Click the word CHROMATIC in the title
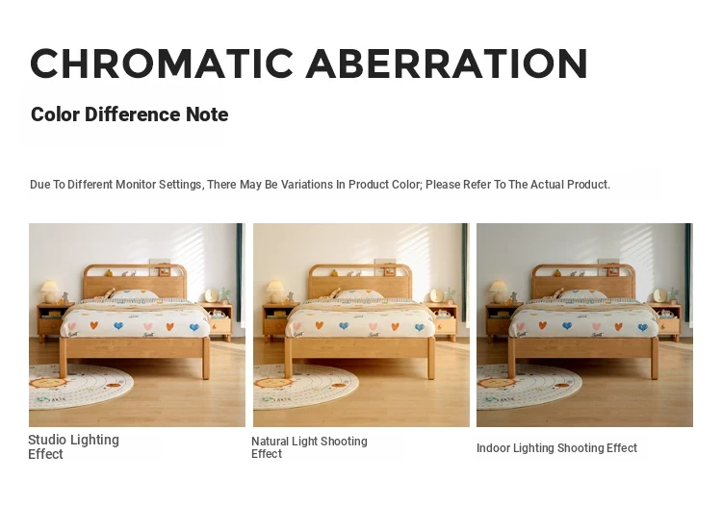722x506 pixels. pyautogui.click(x=162, y=63)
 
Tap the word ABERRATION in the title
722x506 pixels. pyautogui.click(x=447, y=63)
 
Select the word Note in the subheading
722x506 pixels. pyautogui.click(x=207, y=114)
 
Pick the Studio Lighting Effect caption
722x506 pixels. pyautogui.click(x=74, y=446)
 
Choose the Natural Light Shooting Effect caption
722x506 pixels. pyautogui.click(x=309, y=447)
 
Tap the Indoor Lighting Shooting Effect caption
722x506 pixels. pyautogui.click(x=556, y=447)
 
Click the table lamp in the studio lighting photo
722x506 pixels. pyautogui.click(x=49, y=291)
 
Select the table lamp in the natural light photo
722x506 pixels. pyautogui.click(x=274, y=291)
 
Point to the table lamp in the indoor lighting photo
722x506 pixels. pyautogui.click(x=498, y=291)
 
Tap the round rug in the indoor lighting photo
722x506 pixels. pyautogui.click(x=528, y=387)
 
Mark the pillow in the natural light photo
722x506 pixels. pyautogui.click(x=359, y=294)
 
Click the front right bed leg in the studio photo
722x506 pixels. pyautogui.click(x=206, y=358)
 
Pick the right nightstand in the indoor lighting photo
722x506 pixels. pyautogui.click(x=665, y=321)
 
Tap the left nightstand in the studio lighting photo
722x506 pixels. pyautogui.click(x=54, y=322)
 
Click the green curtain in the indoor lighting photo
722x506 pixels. pyautogui.click(x=688, y=272)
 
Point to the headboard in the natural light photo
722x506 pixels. pyautogui.click(x=361, y=282)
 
